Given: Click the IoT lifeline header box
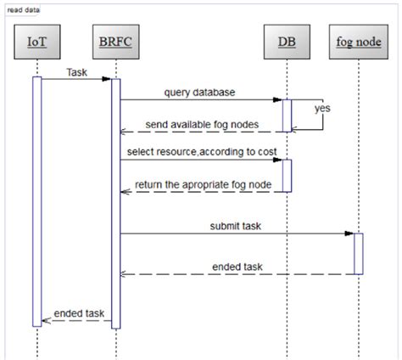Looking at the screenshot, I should pyautogui.click(x=37, y=40).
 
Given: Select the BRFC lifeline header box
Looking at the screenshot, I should pyautogui.click(x=114, y=40).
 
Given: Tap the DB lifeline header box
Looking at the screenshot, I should pyautogui.click(x=287, y=40).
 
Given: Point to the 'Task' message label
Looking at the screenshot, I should pyautogui.click(x=77, y=72).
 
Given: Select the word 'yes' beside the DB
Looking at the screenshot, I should pyautogui.click(x=322, y=109).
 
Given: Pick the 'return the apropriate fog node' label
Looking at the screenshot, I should pyautogui.click(x=204, y=184).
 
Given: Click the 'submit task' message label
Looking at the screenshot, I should pyautogui.click(x=234, y=226).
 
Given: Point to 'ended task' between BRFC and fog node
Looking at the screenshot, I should pyautogui.click(x=237, y=267).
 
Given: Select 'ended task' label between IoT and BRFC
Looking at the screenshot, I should pyautogui.click(x=78, y=313).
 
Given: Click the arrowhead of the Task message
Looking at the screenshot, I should pyautogui.click(x=107, y=80).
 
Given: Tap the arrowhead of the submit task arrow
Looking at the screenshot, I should pyautogui.click(x=349, y=233).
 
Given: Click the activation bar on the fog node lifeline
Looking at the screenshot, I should pyautogui.click(x=358, y=253).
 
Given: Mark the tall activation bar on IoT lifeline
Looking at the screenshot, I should pyautogui.click(x=37, y=200).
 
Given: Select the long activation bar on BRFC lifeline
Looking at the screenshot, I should pyautogui.click(x=115, y=204).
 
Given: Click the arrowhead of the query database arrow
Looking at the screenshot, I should pyautogui.click(x=277, y=100).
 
